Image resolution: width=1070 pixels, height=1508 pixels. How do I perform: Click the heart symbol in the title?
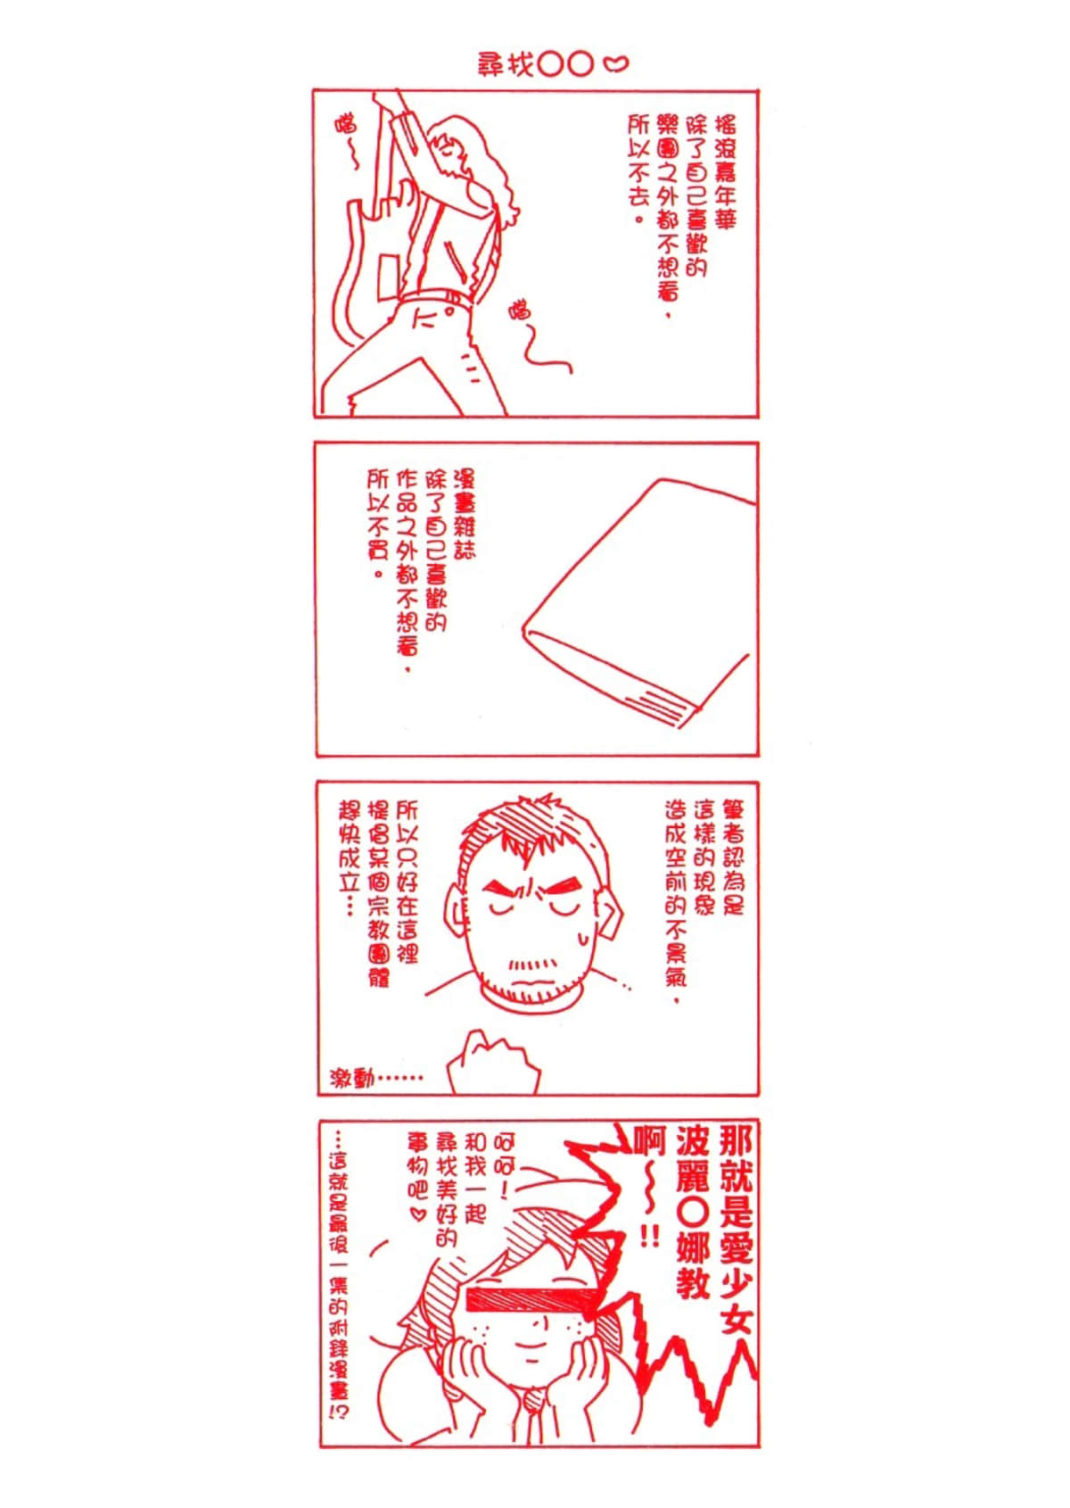tap(616, 63)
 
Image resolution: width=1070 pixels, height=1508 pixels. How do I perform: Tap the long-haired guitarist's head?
tap(455, 147)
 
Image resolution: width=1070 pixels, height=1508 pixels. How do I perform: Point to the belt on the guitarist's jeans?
tap(437, 299)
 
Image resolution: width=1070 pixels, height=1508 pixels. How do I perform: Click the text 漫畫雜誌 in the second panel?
tap(464, 512)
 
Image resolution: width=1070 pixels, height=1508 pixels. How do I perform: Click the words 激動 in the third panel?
tap(353, 1078)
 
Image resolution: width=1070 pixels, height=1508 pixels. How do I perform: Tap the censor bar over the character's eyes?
tap(529, 1299)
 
